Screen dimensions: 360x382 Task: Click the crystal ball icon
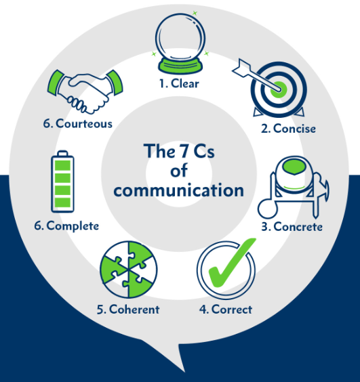point(180,43)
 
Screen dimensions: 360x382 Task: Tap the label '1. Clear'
point(179,83)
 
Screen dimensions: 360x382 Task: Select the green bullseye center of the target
point(279,89)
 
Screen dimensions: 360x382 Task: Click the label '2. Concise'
point(288,129)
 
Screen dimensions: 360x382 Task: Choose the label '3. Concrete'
point(292,227)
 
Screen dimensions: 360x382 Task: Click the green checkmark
point(231,263)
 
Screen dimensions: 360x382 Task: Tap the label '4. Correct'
point(226,310)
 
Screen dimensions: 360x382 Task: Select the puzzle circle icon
point(129,270)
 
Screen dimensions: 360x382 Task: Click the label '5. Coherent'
point(128,310)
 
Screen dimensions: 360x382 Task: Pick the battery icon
point(62,182)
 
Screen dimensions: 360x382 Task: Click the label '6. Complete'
point(66,226)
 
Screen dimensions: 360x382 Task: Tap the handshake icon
point(85,92)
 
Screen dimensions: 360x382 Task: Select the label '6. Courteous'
point(78,123)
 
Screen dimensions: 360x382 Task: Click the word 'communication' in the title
point(179,190)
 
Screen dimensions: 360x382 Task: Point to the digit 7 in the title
point(184,150)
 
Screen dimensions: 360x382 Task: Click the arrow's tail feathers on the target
point(241,68)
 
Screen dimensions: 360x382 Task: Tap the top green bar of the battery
point(62,165)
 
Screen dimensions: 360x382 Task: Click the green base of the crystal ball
point(180,66)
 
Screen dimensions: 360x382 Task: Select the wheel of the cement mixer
point(268,209)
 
